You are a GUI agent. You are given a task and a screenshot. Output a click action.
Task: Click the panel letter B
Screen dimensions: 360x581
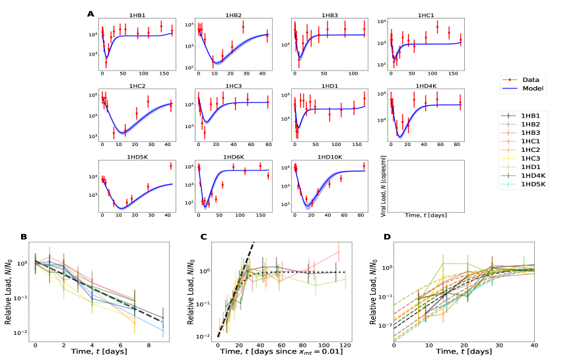24,236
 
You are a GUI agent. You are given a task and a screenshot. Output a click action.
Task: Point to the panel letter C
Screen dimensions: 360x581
203,236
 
